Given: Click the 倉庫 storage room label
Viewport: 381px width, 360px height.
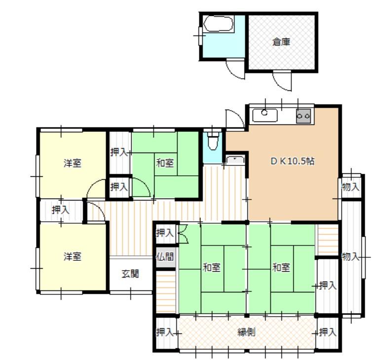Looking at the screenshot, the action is point(281,42).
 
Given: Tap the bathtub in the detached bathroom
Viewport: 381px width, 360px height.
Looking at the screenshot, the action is point(219,24).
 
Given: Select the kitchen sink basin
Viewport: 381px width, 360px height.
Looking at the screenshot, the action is point(265,115).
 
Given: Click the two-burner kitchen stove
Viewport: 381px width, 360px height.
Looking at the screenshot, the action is point(304,116).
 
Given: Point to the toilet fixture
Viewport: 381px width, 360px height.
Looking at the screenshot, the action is point(213,141).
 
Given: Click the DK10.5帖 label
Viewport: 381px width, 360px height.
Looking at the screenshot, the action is point(293,161).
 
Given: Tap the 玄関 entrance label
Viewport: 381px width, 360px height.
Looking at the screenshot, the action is point(130,274).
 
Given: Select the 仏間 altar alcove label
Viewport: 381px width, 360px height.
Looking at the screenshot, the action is point(165,256).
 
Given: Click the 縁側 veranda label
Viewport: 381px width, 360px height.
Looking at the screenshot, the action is point(246,332).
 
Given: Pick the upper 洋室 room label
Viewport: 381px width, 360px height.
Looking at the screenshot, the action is point(73,163).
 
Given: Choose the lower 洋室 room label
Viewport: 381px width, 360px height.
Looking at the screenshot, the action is point(73,256).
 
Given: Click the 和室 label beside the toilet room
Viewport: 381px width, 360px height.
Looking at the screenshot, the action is point(165,163).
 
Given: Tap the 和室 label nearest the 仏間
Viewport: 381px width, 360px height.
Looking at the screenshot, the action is point(212,268).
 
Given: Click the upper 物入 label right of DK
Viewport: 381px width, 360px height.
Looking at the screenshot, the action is point(350,187).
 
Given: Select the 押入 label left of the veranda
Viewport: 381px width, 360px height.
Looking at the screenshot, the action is point(165,332).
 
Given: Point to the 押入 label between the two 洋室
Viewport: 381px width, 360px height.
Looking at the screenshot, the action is point(61,210).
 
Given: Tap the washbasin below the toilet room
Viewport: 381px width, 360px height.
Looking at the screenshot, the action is point(235,160).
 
